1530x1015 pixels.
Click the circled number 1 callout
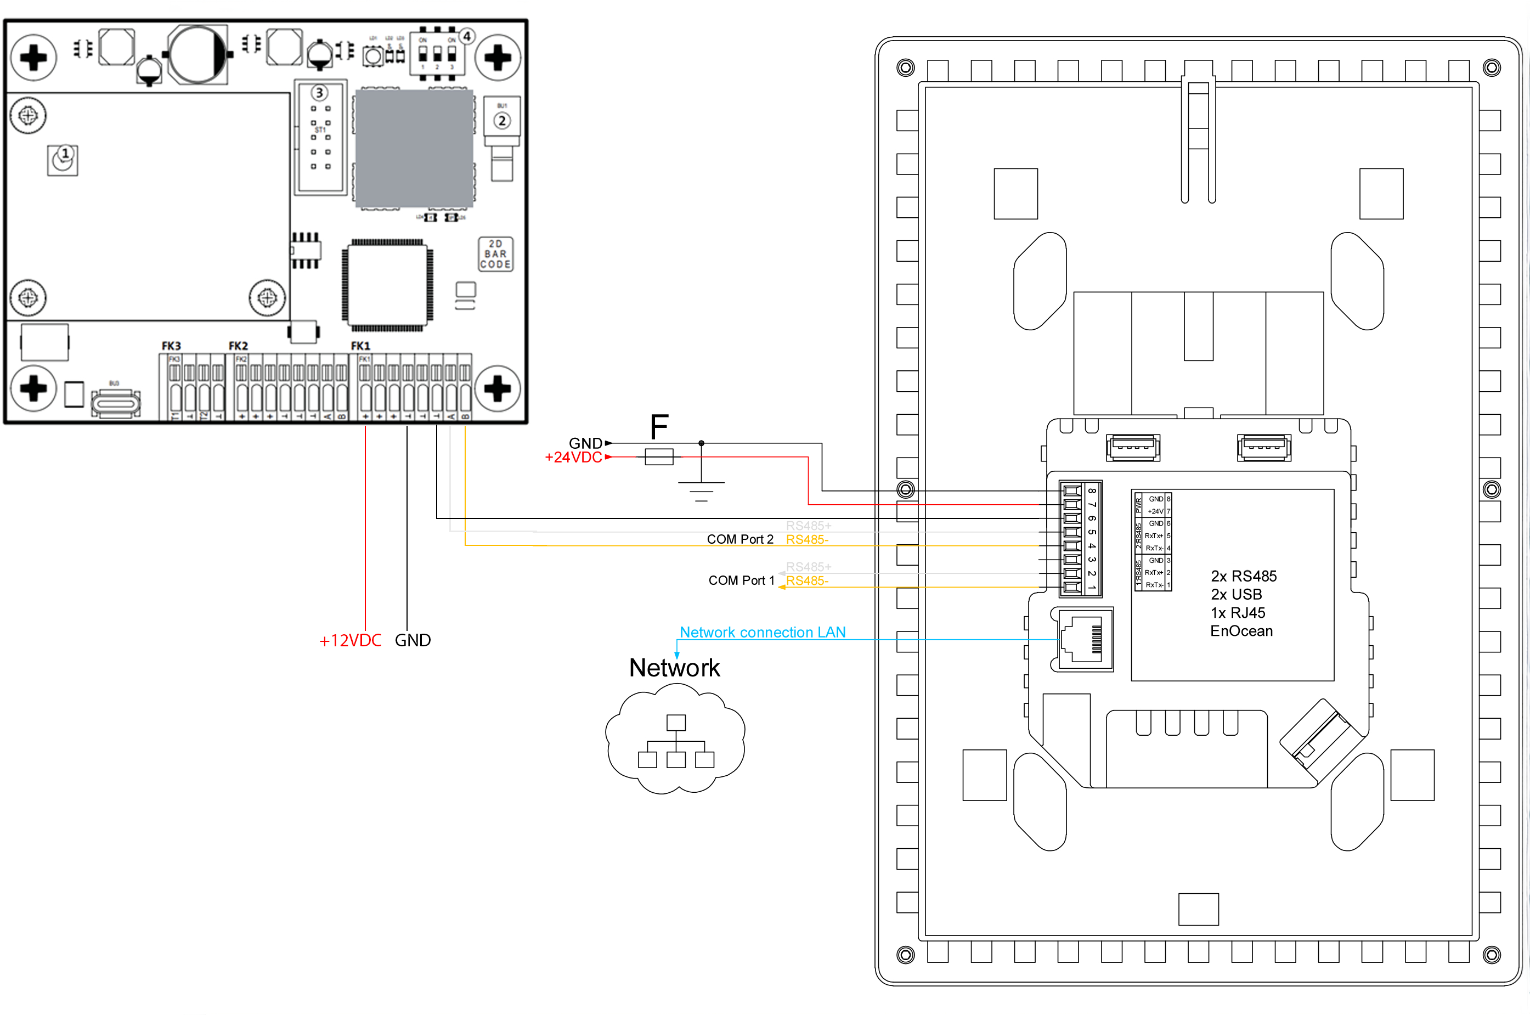(x=65, y=154)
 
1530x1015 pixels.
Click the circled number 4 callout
(x=467, y=36)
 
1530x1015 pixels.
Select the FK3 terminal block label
(x=171, y=346)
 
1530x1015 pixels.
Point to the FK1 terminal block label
(x=360, y=346)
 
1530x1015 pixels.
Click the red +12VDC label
(x=350, y=640)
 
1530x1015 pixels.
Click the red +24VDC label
(x=573, y=457)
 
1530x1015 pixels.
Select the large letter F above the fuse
(x=659, y=427)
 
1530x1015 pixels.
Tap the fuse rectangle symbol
(x=659, y=457)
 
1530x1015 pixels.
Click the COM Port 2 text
(x=739, y=539)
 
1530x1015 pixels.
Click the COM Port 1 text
(x=741, y=580)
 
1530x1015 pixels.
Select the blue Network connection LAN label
(x=763, y=633)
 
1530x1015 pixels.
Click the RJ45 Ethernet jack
(x=1082, y=640)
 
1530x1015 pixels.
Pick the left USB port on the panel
(x=1133, y=447)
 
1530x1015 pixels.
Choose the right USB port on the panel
(x=1263, y=447)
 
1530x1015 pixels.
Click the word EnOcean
(x=1241, y=631)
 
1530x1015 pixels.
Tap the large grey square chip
(x=414, y=149)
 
